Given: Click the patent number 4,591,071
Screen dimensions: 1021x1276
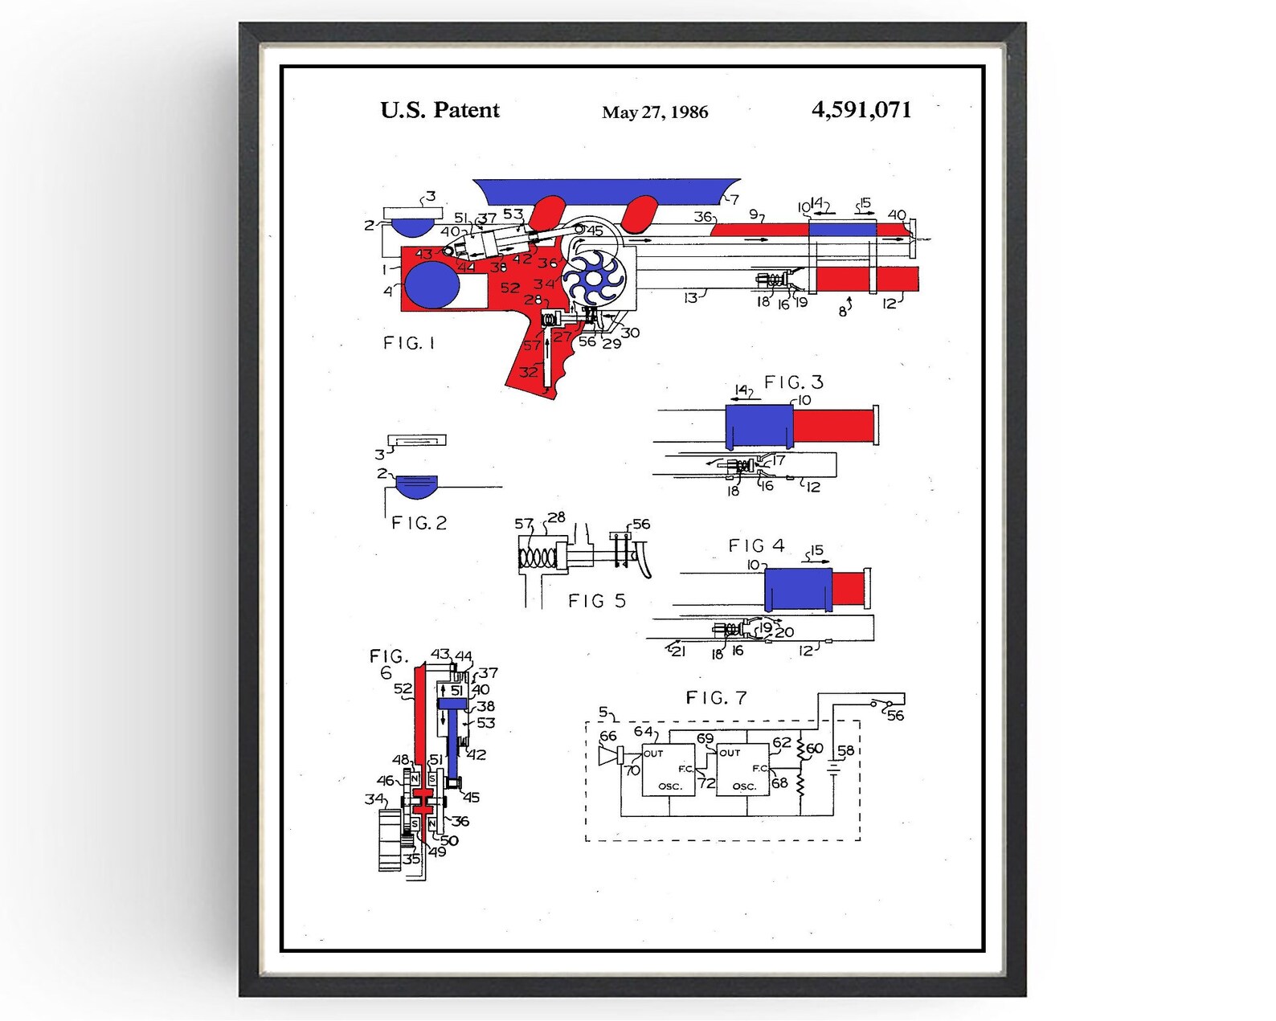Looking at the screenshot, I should point(861,109).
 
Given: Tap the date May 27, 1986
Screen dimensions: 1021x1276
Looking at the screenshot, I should point(655,112).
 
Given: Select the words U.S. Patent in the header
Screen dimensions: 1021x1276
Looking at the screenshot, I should point(440,110).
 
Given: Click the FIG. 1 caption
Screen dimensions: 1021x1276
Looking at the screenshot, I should point(409,343).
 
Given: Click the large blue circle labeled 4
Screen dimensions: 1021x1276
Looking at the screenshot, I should point(432,285).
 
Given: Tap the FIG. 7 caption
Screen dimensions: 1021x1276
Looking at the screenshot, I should point(716,698).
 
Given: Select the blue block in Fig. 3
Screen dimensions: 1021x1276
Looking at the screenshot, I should point(759,425).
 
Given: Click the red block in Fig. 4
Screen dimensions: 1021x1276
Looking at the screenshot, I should point(848,588).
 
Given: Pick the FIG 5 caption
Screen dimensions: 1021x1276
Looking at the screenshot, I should point(596,601).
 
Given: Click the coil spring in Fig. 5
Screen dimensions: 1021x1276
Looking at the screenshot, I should point(537,557).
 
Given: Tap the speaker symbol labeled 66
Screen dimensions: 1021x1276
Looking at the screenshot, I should point(611,757).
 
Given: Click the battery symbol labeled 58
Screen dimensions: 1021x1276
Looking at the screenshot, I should point(834,769).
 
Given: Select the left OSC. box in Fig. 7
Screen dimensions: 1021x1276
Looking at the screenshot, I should point(669,770).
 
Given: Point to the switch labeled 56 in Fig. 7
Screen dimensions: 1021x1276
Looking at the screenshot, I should point(881,705).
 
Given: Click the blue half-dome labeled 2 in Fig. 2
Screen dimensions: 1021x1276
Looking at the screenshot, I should point(417,485).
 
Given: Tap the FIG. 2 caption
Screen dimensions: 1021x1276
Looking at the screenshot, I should point(419,523).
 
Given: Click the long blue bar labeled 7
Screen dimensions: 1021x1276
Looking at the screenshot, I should point(607,190).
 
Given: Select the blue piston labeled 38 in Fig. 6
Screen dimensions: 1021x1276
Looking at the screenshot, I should point(452,704).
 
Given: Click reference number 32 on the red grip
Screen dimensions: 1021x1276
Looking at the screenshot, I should point(528,372).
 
